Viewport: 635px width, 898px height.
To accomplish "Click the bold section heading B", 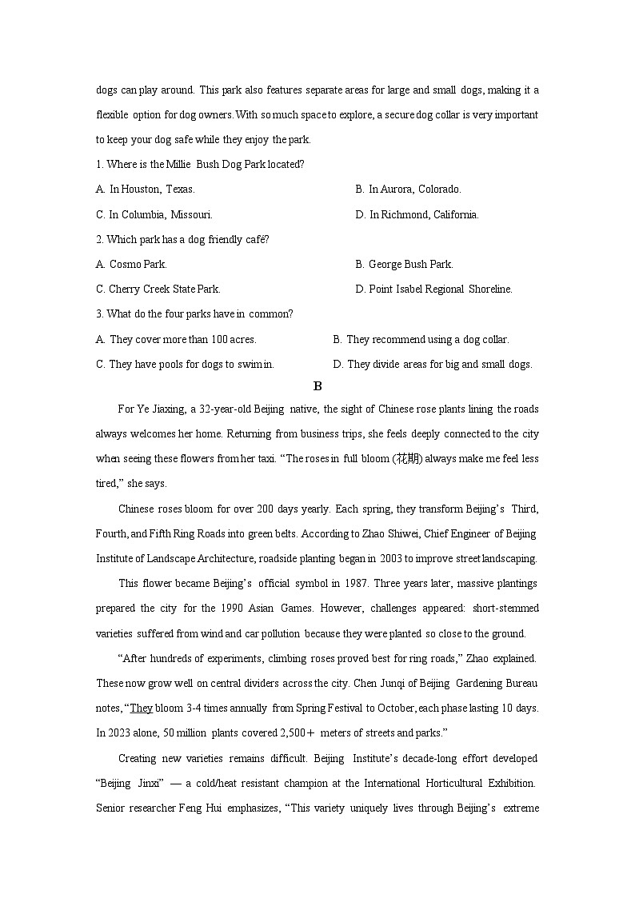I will point(317,386).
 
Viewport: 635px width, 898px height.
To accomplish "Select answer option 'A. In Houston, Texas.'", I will point(145,190).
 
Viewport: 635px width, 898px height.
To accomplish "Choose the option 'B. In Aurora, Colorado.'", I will point(408,190).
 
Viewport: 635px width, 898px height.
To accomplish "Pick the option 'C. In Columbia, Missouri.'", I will point(154,214).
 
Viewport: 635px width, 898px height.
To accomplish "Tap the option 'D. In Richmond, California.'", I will point(417,214).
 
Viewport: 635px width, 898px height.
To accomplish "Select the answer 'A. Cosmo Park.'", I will point(131,264).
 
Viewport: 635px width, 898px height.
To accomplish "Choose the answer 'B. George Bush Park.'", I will point(404,264).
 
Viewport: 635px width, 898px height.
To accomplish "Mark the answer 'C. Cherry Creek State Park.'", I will point(158,289).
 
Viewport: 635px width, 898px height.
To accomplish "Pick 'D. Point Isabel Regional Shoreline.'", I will point(433,289).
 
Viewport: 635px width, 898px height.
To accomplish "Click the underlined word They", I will point(141,708).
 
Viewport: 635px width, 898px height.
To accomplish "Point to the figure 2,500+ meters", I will point(302,732).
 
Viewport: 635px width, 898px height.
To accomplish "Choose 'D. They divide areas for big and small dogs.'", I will point(432,364).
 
